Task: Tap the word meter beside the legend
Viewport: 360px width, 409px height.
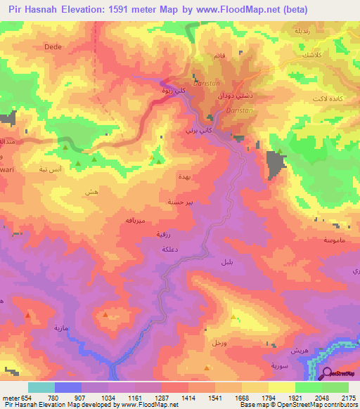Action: click(9, 398)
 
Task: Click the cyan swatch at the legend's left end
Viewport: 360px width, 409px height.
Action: click(41, 388)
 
